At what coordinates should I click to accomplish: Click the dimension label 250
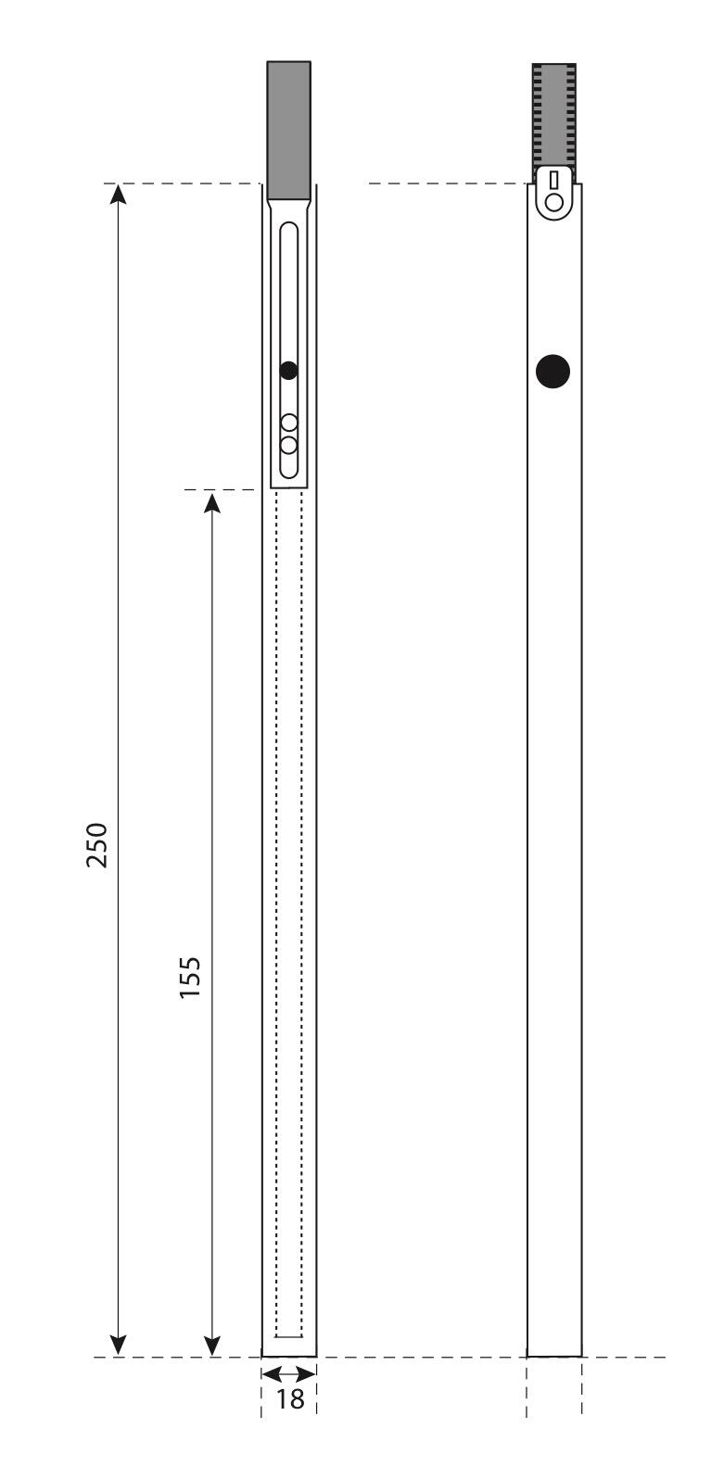point(96,844)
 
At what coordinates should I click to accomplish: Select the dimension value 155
point(190,977)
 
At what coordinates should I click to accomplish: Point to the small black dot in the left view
point(288,371)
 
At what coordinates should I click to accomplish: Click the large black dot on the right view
point(553,371)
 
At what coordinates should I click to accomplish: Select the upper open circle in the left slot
point(288,423)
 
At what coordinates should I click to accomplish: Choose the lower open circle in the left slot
point(288,445)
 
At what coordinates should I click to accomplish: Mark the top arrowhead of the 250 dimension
point(118,194)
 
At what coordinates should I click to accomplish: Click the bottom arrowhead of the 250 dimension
point(118,1345)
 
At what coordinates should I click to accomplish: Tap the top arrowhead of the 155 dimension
point(211,502)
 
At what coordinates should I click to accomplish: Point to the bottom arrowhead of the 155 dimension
point(211,1345)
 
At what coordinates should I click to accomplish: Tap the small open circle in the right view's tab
point(553,202)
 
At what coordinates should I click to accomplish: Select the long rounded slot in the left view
point(282,350)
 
